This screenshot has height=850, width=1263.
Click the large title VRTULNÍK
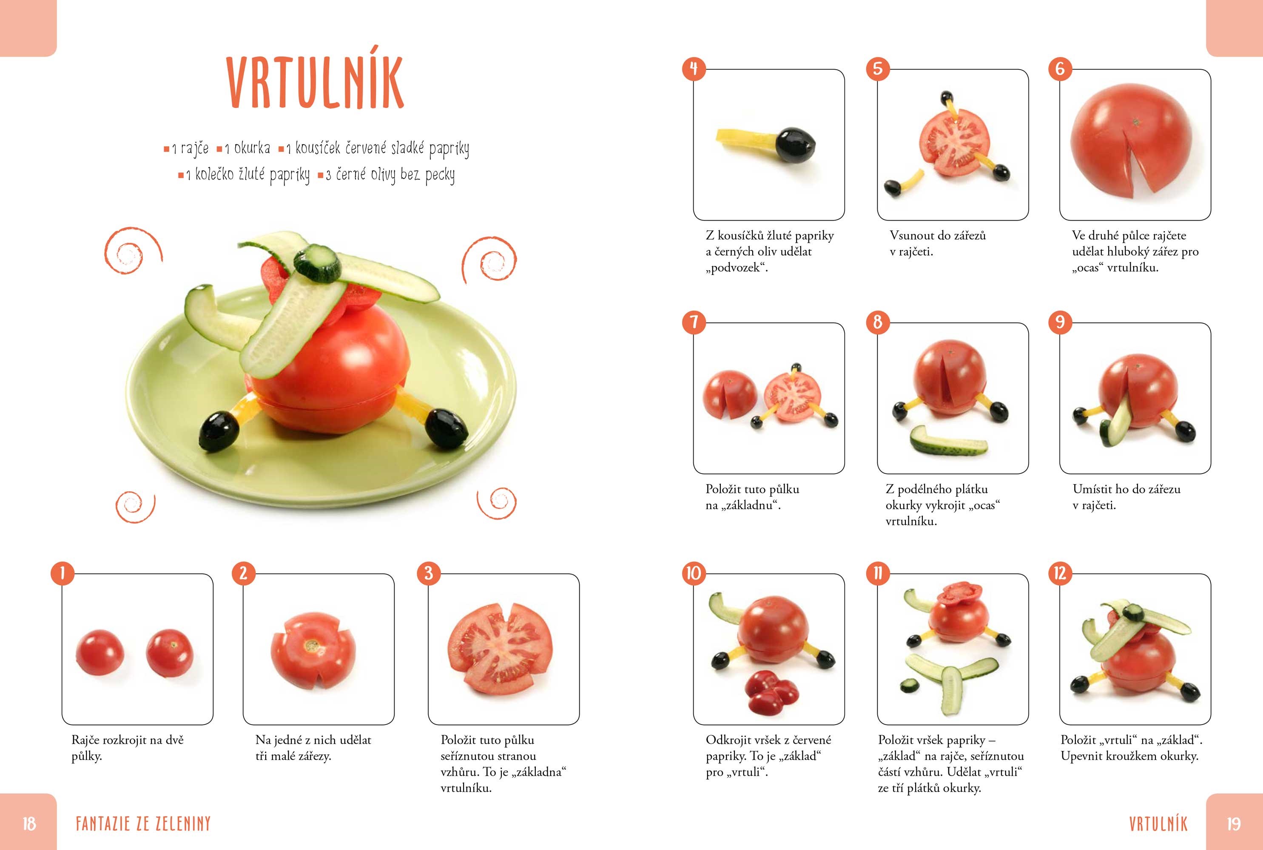pyautogui.click(x=315, y=82)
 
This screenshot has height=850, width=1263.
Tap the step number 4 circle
pyautogui.click(x=694, y=69)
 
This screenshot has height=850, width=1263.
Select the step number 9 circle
pyautogui.click(x=1060, y=323)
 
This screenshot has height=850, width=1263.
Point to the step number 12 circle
pyautogui.click(x=1060, y=573)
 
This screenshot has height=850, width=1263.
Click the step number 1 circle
pyautogui.click(x=63, y=573)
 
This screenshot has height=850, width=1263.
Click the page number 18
pyautogui.click(x=29, y=824)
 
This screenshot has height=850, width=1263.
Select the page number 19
pyautogui.click(x=1234, y=824)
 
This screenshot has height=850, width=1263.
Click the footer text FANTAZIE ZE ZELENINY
pyautogui.click(x=143, y=824)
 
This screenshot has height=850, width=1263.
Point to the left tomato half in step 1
pyautogui.click(x=100, y=652)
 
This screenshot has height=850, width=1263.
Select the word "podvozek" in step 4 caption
pyautogui.click(x=736, y=268)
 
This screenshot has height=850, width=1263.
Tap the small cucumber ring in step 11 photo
pyautogui.click(x=909, y=685)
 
